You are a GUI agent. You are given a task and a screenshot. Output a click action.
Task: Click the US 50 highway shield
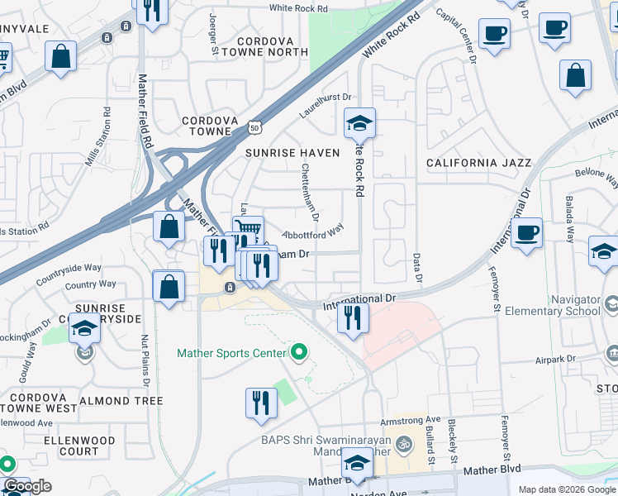[254, 127]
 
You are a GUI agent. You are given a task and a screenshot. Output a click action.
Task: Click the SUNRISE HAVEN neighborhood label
[292, 153]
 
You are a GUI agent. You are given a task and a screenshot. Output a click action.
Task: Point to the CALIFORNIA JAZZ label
[478, 163]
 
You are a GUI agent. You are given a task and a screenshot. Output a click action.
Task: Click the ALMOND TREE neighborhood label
[121, 401]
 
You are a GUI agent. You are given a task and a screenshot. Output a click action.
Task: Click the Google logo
[27, 487]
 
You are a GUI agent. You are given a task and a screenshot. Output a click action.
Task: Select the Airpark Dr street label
[554, 359]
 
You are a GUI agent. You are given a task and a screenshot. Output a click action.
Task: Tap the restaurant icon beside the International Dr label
[354, 317]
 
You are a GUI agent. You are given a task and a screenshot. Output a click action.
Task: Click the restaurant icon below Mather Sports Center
[261, 403]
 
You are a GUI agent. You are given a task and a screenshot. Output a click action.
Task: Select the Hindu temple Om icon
[404, 443]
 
